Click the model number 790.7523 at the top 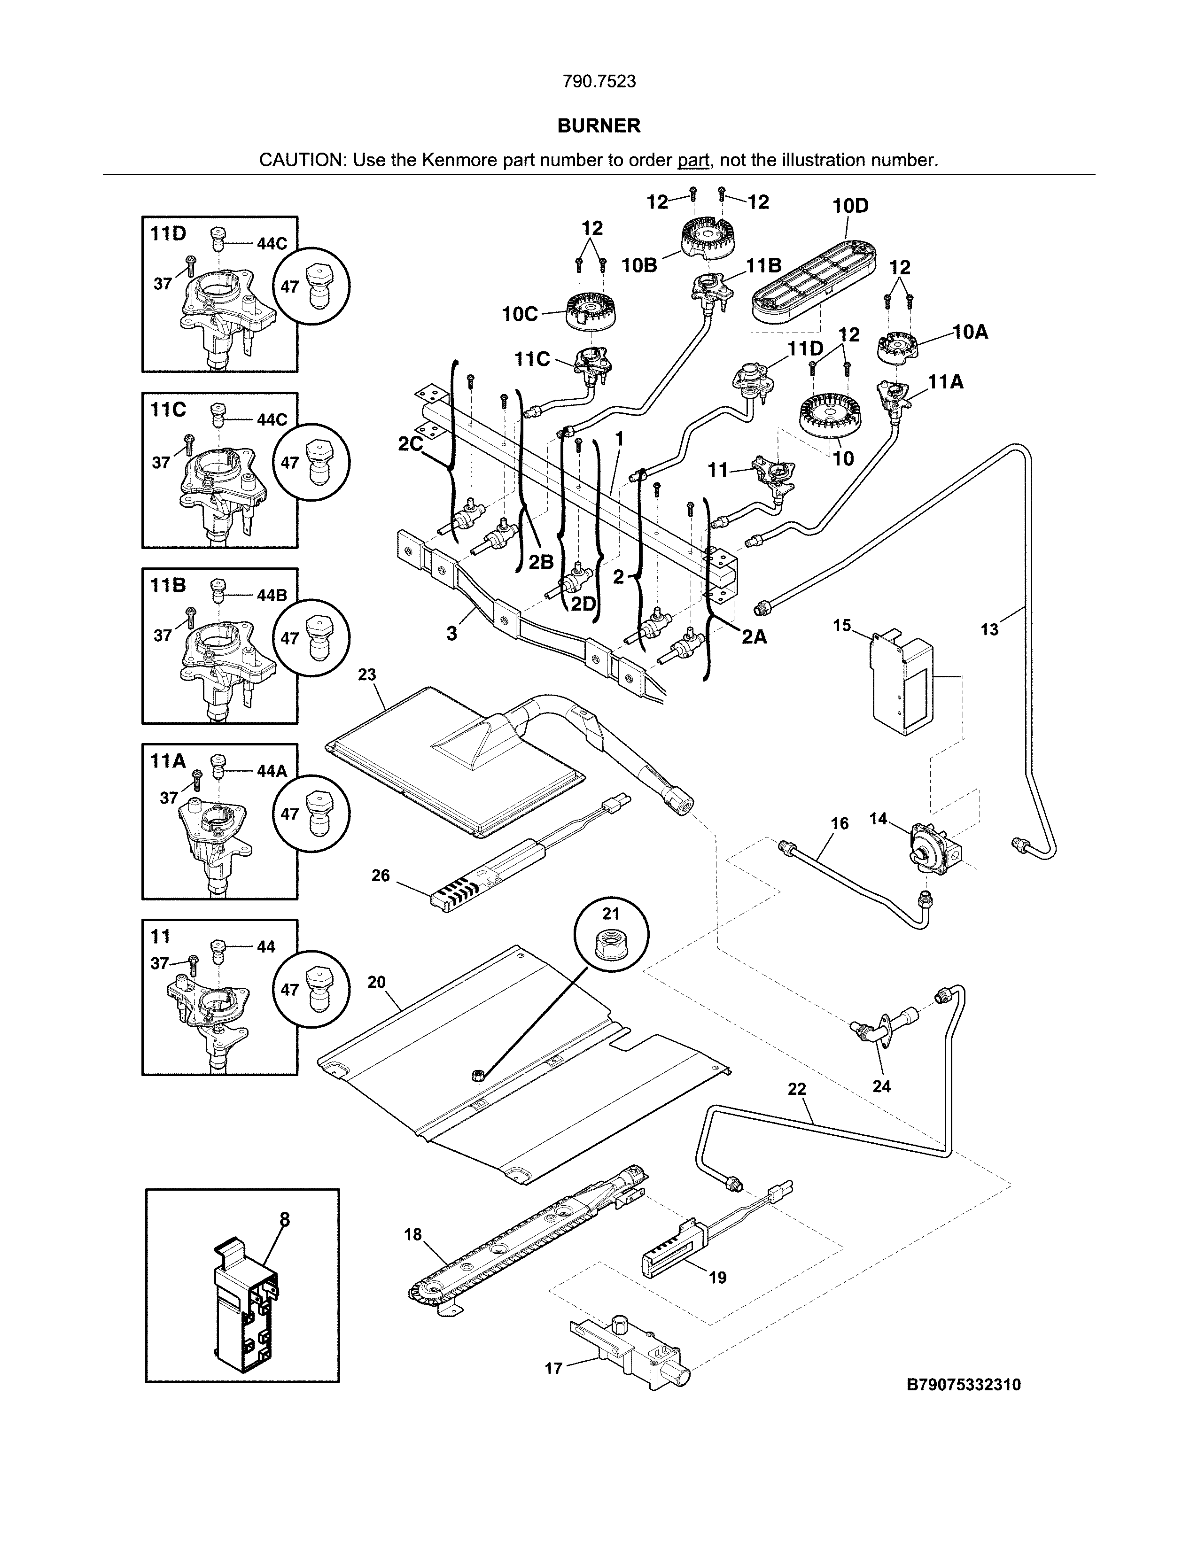[x=599, y=82]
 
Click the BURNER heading [x=599, y=125]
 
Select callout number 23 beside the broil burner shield [x=366, y=674]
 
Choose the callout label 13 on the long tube [x=989, y=629]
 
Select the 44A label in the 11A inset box [x=271, y=771]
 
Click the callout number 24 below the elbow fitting [x=881, y=1086]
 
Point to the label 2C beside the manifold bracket [x=410, y=444]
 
